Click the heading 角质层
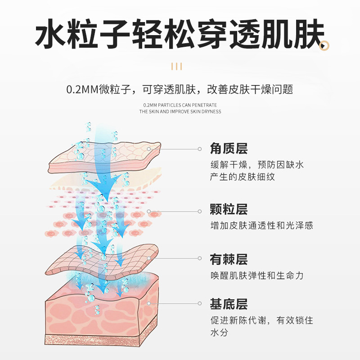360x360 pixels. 229,148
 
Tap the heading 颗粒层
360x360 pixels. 229,210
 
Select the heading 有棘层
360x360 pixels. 229,260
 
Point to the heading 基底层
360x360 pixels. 229,305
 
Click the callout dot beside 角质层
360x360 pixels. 200,148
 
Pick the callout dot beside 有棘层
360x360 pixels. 200,258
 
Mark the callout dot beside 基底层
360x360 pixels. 200,304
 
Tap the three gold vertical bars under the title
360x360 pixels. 177,67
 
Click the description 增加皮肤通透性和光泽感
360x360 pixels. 261,225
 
